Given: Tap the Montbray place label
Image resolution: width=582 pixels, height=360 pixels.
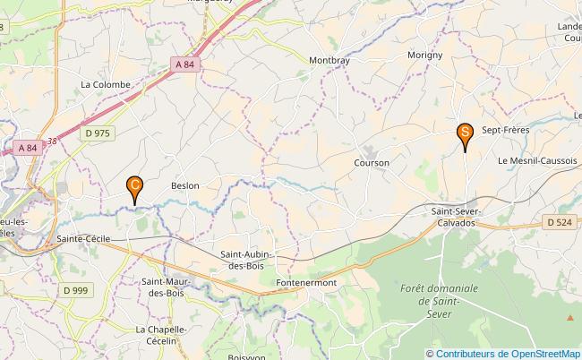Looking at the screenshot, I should click(330, 61).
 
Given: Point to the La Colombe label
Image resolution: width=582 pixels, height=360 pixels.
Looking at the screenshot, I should click(106, 84).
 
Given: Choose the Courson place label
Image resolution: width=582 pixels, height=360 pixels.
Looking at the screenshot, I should click(371, 163).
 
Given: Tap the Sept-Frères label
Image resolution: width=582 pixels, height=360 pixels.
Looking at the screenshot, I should click(506, 130).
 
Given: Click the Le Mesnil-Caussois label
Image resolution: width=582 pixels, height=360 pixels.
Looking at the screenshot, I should click(536, 160).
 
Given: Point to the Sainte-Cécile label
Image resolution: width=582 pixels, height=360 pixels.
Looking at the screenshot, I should click(82, 239).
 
